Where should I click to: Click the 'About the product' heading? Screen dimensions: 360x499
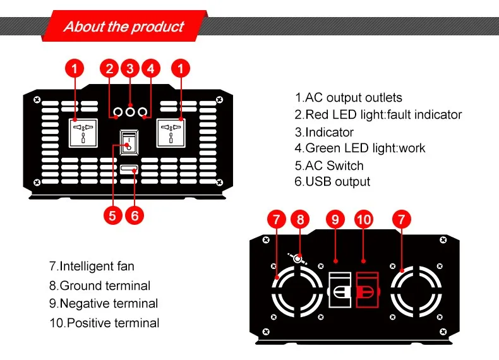pos(124,27)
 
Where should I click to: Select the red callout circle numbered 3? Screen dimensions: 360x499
pos(130,68)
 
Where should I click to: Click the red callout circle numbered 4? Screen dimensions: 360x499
pos(150,68)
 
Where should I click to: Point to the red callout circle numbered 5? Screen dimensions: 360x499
pos(112,215)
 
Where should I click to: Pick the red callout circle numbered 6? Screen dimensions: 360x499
pos(134,215)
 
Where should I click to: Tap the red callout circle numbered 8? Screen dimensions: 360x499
pos(301,220)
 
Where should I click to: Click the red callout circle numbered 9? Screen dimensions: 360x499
pos(335,220)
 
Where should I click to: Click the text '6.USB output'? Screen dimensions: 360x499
pos(332,182)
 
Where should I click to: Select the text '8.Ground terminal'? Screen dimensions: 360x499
pos(100,285)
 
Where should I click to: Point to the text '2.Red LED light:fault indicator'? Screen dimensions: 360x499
pos(378,115)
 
